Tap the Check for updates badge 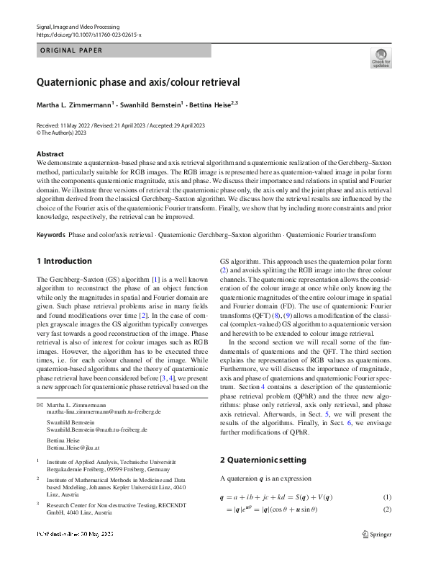click(x=381, y=58)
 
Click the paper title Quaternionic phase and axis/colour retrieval click(x=138, y=82)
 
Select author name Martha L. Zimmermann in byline click(x=75, y=105)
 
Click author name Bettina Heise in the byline click(x=211, y=105)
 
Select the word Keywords click(x=50, y=236)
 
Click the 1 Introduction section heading click(x=64, y=261)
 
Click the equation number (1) click(x=386, y=498)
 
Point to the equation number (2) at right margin click(x=386, y=509)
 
